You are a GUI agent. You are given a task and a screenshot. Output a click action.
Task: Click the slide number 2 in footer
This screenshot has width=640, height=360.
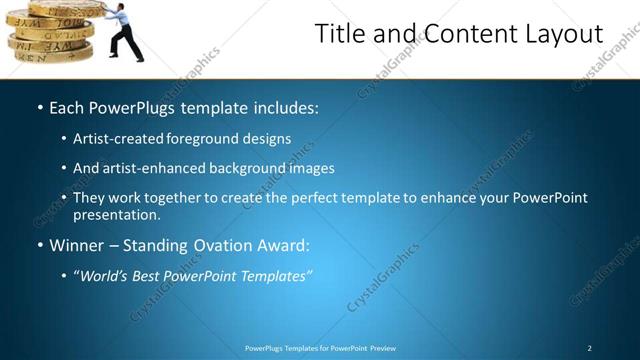coord(589,348)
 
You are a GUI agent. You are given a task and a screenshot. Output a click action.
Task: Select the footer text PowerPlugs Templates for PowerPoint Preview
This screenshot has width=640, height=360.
coord(320,348)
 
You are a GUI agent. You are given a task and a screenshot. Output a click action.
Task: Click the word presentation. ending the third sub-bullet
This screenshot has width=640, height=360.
coord(117,214)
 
